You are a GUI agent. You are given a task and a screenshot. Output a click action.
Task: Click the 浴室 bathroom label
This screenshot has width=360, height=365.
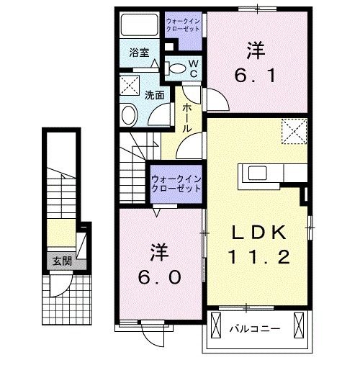click(x=139, y=53)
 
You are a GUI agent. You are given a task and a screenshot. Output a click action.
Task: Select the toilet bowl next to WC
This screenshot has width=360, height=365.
click(x=175, y=68)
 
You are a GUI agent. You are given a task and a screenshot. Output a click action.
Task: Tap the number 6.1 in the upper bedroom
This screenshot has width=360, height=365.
click(x=256, y=75)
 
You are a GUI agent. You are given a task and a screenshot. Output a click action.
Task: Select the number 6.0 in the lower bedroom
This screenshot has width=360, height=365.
click(x=160, y=276)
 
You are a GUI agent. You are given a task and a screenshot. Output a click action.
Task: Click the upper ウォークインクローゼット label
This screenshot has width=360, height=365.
click(x=184, y=25)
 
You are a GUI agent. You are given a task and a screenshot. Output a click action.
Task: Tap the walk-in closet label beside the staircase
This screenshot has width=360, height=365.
click(x=176, y=183)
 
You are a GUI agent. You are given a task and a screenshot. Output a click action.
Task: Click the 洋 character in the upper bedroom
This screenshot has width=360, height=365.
click(x=256, y=50)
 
